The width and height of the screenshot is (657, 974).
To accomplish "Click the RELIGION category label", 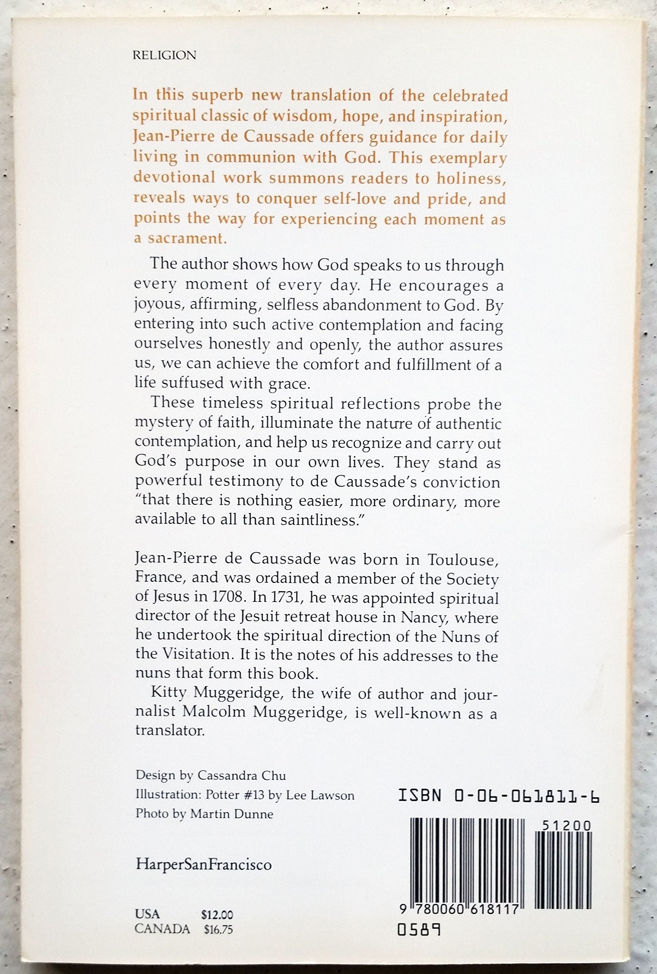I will pos(164,55).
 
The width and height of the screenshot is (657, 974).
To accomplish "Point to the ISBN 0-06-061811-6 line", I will pos(498,795).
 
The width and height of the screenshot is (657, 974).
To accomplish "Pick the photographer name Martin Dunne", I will pos(232,814).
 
